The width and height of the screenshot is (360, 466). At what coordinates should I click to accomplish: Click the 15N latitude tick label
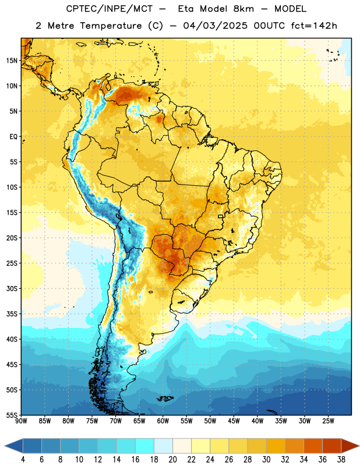12,61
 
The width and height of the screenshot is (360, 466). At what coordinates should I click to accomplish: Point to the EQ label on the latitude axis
13,137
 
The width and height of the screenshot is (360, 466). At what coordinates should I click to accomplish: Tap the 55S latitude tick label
12,415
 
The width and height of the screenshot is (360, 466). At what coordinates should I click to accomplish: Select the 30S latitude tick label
12,288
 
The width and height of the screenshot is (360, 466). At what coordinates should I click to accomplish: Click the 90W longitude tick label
21,421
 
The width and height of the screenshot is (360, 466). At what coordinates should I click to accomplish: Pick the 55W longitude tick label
186,421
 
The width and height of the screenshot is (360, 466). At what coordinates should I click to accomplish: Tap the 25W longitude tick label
328,421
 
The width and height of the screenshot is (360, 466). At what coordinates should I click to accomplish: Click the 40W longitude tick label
257,421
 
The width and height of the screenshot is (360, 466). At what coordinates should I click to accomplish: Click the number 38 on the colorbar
341,460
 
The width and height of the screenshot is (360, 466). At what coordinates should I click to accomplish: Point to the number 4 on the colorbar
23,460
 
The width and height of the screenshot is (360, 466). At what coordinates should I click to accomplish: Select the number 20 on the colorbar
172,460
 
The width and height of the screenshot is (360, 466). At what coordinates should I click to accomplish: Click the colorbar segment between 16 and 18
145,446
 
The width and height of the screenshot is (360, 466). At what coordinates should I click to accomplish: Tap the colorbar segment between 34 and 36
313,446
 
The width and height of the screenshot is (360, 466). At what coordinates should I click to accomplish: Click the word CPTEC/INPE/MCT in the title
109,9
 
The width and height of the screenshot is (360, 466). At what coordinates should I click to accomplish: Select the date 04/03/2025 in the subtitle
215,26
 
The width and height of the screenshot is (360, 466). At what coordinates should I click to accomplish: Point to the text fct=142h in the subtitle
314,26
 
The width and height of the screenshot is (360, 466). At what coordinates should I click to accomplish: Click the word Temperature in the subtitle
111,26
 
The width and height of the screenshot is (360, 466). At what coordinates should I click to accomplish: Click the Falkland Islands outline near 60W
165,398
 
